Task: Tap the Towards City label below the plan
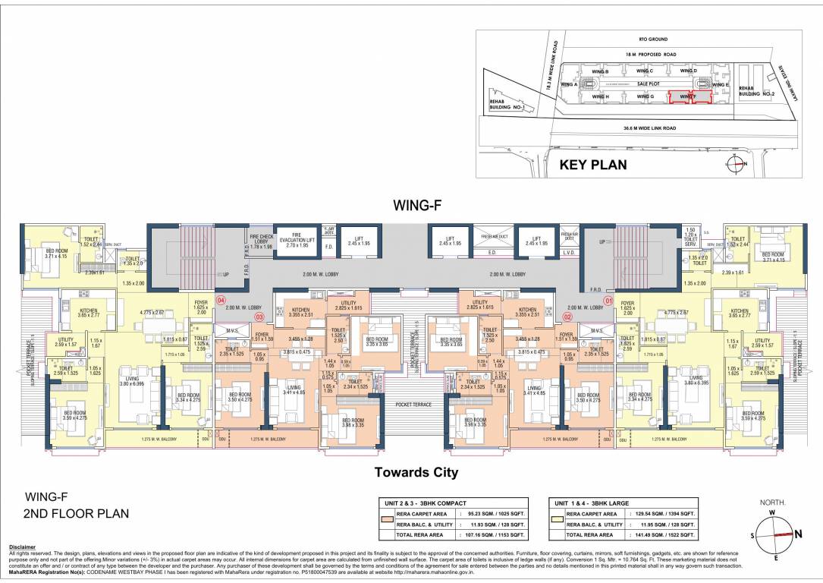pyautogui.click(x=416, y=472)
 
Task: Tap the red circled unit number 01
pyautogui.click(x=596, y=301)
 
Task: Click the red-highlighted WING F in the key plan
pyautogui.click(x=687, y=97)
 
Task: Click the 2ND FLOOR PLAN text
pyautogui.click(x=76, y=514)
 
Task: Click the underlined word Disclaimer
pyautogui.click(x=24, y=547)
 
